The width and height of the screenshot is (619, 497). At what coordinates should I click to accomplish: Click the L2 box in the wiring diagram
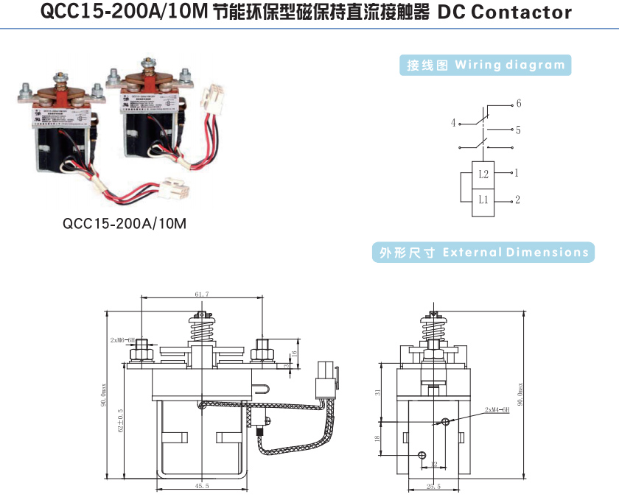483,174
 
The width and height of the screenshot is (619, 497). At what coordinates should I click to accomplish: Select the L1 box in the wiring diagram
483,200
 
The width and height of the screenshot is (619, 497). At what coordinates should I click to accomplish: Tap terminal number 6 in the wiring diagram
519,102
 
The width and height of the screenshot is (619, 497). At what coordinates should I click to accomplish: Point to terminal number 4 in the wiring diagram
453,123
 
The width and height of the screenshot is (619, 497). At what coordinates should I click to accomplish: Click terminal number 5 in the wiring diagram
519,130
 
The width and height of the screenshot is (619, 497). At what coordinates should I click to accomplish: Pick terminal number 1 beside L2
517,173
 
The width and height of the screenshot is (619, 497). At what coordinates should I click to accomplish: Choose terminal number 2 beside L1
518,200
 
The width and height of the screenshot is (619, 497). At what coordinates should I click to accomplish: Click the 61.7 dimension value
202,294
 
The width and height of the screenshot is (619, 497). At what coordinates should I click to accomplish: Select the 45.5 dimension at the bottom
202,486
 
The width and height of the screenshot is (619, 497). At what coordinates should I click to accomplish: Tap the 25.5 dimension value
433,486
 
